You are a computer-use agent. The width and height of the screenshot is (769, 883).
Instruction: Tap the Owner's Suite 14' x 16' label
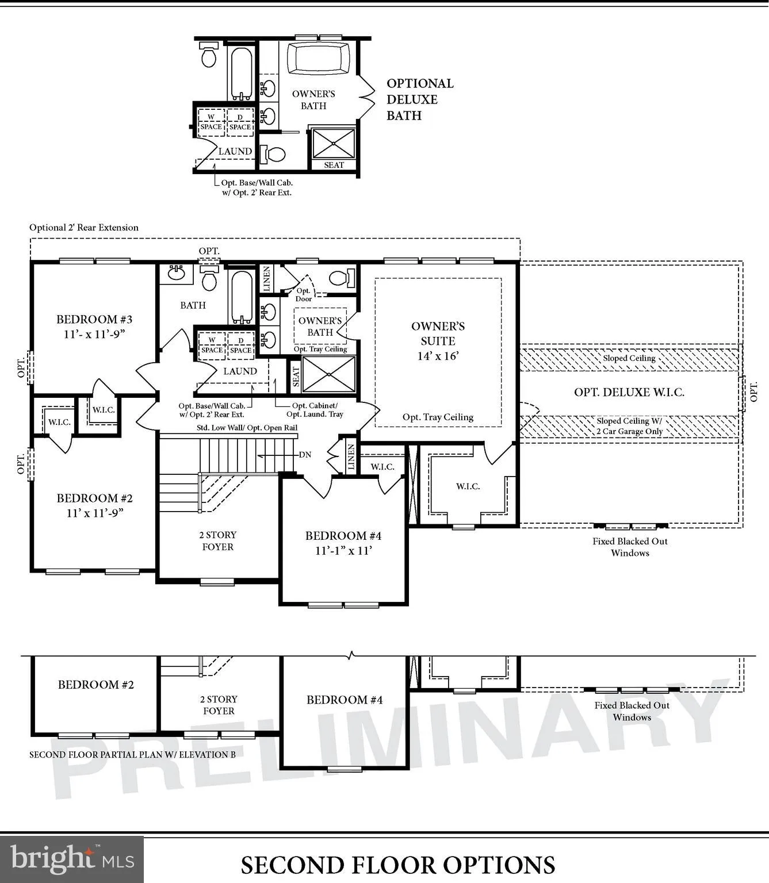(x=438, y=341)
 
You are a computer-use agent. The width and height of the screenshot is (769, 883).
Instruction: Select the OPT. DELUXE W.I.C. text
(x=629, y=393)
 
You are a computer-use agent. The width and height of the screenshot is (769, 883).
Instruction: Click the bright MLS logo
(x=72, y=859)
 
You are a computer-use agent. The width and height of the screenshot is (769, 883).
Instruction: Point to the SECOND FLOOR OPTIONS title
(x=397, y=865)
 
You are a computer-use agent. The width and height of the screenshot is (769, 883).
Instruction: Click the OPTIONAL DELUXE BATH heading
(x=420, y=99)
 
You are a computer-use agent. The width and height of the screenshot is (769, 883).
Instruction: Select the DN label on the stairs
(x=305, y=455)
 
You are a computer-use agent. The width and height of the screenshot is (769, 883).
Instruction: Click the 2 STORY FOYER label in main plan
(x=218, y=541)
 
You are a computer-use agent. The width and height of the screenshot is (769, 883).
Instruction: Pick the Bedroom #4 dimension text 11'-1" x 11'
(x=343, y=551)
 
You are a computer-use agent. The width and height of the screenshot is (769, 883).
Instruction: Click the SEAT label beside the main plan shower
(x=296, y=377)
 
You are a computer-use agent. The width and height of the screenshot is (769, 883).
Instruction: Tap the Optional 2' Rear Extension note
(x=84, y=228)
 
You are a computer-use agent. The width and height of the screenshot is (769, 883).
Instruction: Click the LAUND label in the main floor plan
(x=240, y=371)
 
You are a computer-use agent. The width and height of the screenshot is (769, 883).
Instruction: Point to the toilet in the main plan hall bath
(x=209, y=280)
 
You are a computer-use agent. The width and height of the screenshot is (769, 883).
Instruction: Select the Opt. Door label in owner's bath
(x=303, y=295)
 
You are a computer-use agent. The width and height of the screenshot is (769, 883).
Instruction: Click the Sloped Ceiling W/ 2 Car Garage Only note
(x=629, y=427)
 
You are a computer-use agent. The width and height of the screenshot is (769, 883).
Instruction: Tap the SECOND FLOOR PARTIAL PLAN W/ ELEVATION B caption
(x=132, y=755)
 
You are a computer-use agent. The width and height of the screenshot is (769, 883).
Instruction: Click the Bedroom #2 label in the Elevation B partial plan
(x=95, y=685)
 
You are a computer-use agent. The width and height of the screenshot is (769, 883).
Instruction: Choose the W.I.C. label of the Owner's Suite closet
(x=468, y=486)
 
